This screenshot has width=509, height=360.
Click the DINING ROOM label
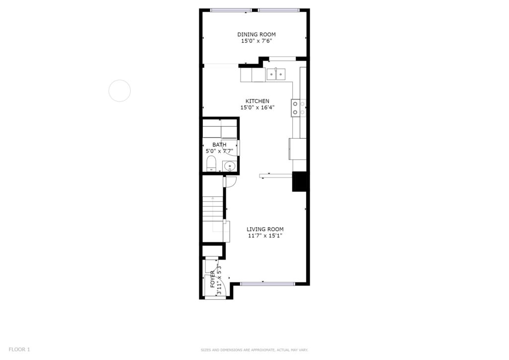tap(256, 34)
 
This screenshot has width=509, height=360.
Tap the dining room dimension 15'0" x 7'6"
tap(256, 41)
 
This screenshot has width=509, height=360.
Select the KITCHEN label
tap(257, 101)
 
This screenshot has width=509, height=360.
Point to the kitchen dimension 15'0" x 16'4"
tap(257, 107)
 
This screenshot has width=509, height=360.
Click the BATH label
tap(219, 145)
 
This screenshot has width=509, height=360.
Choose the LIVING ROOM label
tap(265, 229)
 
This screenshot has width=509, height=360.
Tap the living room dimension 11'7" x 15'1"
tap(265, 236)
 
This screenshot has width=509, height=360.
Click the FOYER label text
tap(212, 279)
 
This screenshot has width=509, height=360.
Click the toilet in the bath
tap(211, 164)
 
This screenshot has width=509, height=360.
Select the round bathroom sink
tap(230, 166)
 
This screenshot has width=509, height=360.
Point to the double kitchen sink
tap(276, 75)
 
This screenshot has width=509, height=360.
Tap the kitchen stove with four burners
tap(299, 108)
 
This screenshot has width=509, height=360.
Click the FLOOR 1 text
tap(19, 350)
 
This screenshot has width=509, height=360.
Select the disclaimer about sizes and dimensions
tap(254, 350)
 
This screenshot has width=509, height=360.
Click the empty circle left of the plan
tap(119, 80)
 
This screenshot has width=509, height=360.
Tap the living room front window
tap(267, 284)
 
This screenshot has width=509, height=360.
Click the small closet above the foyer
tap(212, 251)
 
